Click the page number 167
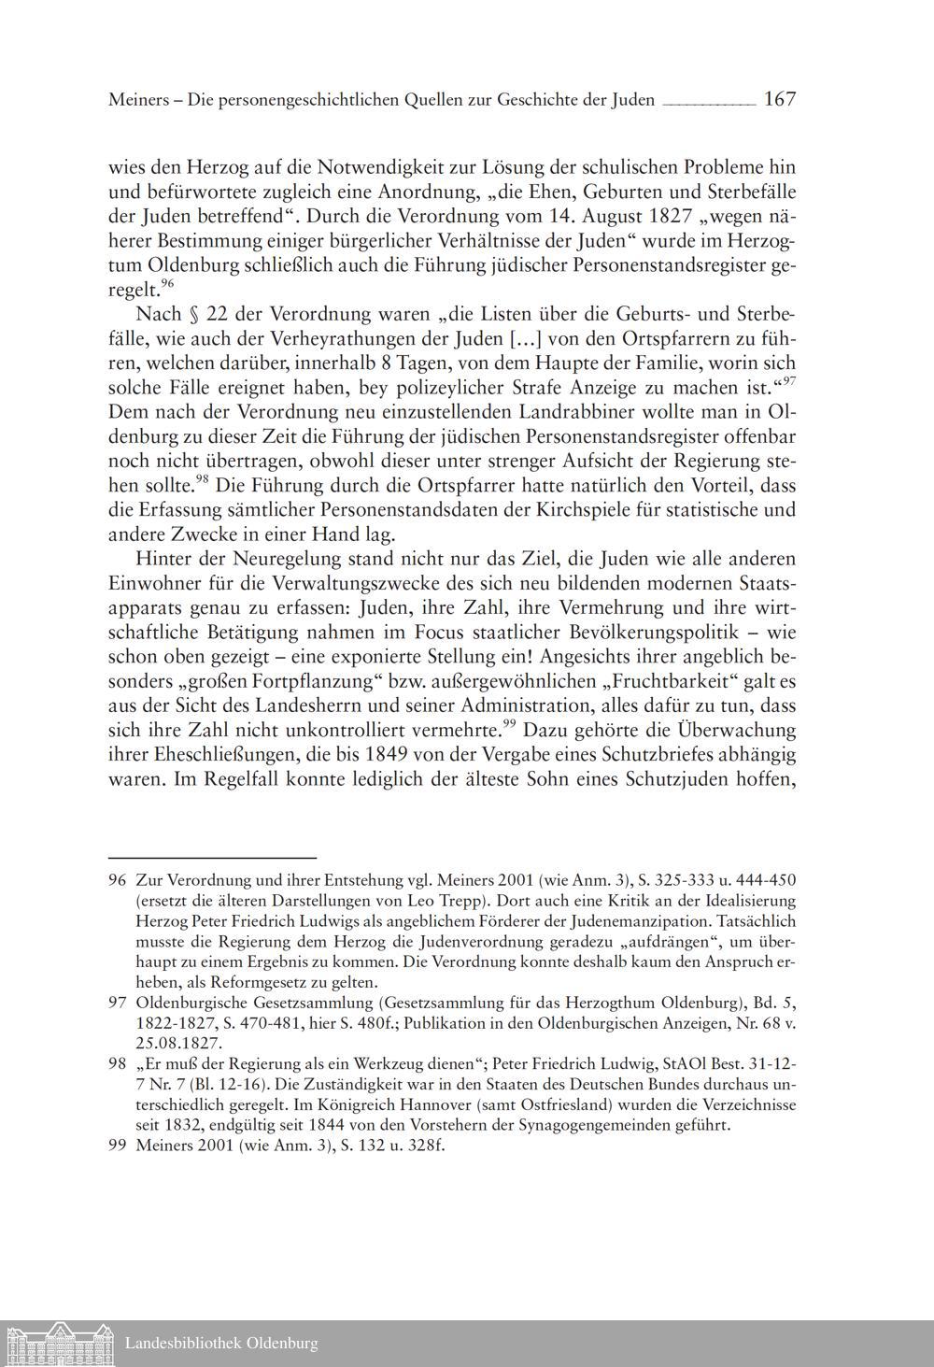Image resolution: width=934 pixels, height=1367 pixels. [779, 99]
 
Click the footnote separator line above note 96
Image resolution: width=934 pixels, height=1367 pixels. [213, 856]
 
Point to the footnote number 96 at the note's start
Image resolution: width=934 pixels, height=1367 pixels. [117, 880]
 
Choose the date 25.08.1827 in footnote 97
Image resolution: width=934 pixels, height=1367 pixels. [178, 1043]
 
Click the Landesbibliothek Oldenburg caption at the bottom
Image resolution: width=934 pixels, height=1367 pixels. [221, 1344]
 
